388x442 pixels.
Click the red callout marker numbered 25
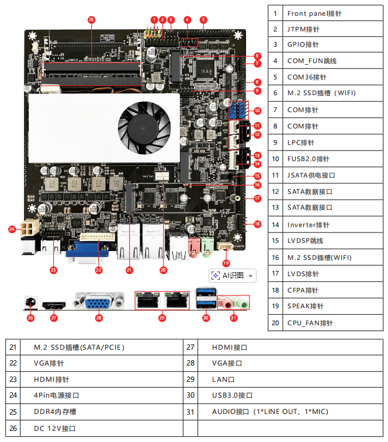pyautogui.click(x=91, y=19)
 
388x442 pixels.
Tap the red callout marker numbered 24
pyautogui.click(x=12, y=229)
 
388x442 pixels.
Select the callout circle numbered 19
pyautogui.click(x=227, y=263)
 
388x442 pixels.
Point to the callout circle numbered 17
pyautogui.click(x=258, y=199)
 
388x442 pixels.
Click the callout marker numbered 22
pyautogui.click(x=99, y=270)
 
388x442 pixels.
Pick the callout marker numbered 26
pyautogui.click(x=30, y=318)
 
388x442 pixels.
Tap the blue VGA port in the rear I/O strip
pyautogui.click(x=98, y=302)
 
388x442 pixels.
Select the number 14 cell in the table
pyautogui.click(x=275, y=225)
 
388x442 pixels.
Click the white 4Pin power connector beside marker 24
pyautogui.click(x=27, y=228)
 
